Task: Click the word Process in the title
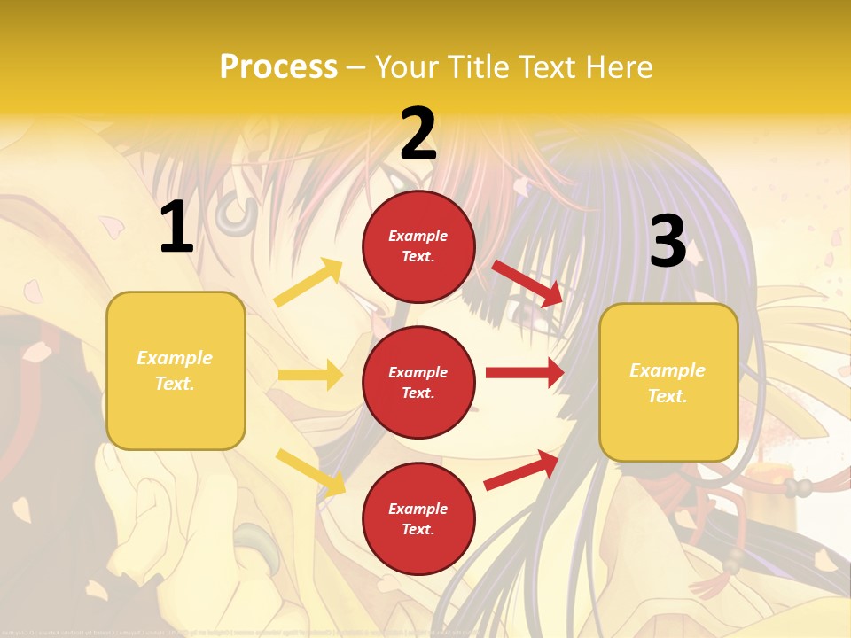coord(278,66)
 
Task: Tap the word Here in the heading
coord(617,66)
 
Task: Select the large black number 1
coord(176,228)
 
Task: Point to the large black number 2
coord(418,134)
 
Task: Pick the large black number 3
coord(668,242)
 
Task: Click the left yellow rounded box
coord(176,370)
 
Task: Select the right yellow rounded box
coord(668,382)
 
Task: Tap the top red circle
coord(418,245)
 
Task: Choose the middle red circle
coord(418,382)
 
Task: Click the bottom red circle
coord(418,518)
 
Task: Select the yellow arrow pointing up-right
coord(308,283)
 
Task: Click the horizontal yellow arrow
coord(310,375)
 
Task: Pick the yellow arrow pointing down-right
coord(311,471)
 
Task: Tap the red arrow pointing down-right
coord(527,283)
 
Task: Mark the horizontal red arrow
coord(524,373)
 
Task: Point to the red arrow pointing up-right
coord(521,470)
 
